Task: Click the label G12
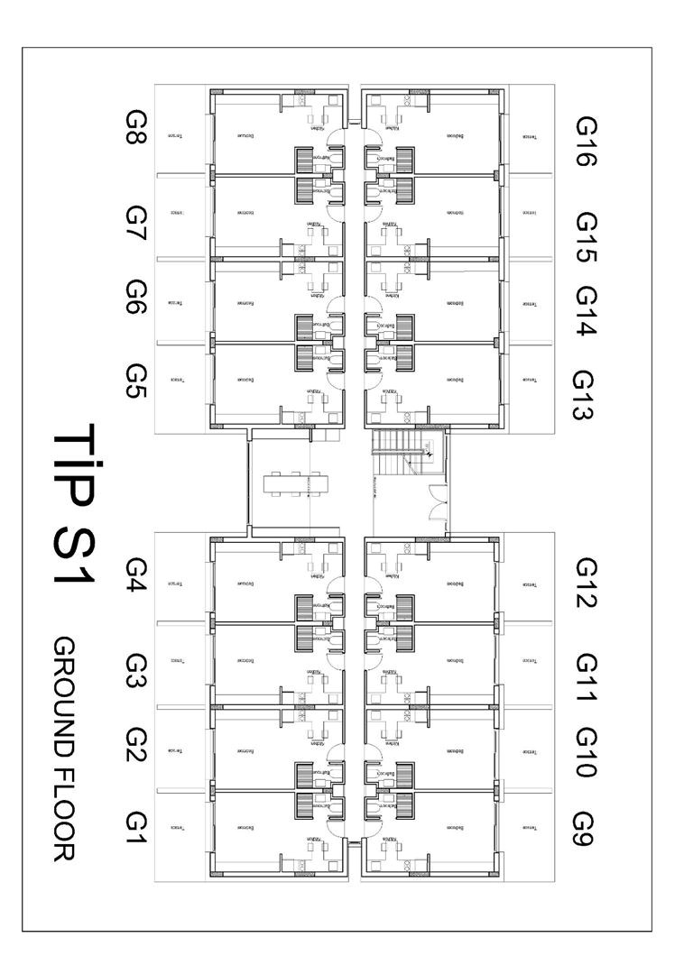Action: [587, 583]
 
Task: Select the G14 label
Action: [587, 310]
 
